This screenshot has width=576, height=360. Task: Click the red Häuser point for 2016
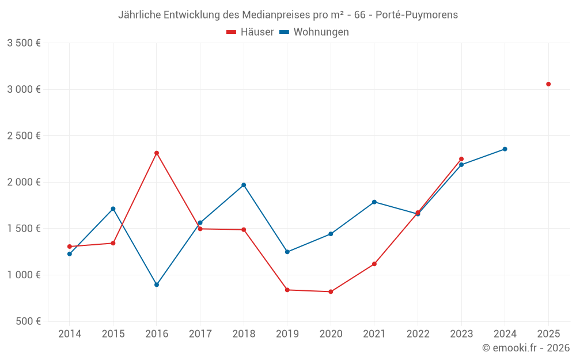pos(157,153)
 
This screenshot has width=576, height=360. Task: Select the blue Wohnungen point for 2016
pos(157,285)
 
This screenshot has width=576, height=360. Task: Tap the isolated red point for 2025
pos(548,84)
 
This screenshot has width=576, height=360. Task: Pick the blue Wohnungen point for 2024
pos(505,149)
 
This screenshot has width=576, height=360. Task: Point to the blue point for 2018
pos(244,185)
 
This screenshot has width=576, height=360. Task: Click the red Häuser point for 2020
pos(331,292)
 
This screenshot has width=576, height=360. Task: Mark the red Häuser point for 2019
pos(287,290)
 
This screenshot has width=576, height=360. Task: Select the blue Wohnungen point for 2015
pos(113,209)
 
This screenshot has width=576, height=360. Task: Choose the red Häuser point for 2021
pos(374,264)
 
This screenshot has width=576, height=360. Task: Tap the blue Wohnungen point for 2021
pos(374,202)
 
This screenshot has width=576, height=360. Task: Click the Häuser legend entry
pos(250,32)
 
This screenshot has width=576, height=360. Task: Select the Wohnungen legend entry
pos(314,32)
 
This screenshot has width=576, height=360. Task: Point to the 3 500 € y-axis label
pos(24,43)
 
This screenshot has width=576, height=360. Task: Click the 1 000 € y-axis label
pos(24,275)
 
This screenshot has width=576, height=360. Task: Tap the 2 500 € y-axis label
pos(24,136)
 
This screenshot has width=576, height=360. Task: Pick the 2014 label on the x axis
pos(70,334)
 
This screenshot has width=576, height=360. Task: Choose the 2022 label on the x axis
pos(418,334)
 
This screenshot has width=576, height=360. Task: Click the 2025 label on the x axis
pos(548,334)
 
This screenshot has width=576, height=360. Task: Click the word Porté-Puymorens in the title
pos(416,15)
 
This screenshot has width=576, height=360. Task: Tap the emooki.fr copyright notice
pos(526,348)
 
